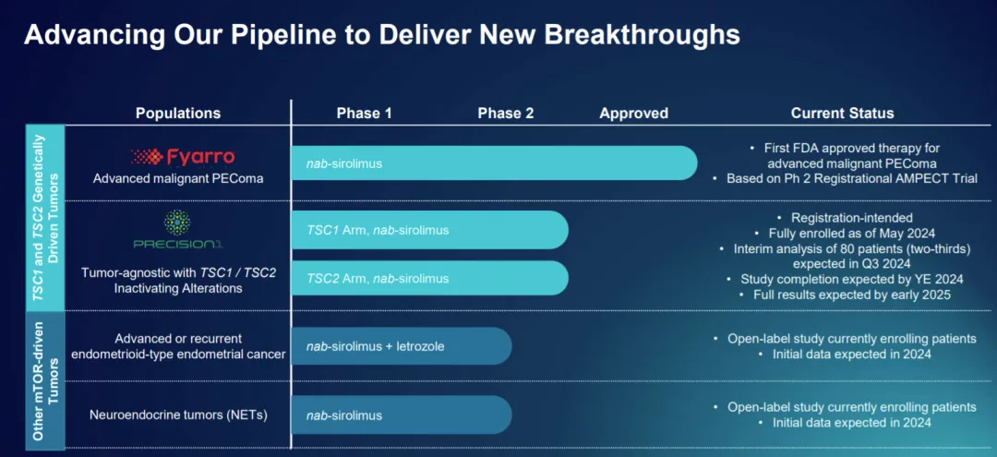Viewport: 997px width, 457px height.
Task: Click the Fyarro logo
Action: point(183,157)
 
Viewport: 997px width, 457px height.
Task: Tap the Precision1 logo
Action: point(178,230)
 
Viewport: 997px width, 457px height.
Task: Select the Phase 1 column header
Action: point(365,114)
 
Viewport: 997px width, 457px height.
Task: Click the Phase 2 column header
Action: point(506,114)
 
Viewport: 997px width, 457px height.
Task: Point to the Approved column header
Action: point(634,114)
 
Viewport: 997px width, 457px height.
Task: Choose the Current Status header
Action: point(843,114)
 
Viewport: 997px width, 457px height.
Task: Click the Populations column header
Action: point(178,114)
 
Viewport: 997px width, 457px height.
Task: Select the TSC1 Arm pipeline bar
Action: point(430,230)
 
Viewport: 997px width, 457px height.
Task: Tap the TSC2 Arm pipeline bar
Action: point(430,278)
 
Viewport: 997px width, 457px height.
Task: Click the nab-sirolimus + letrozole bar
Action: point(402,346)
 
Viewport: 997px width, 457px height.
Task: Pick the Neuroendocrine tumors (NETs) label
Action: point(178,415)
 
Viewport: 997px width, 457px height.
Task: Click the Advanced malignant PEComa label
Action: point(178,178)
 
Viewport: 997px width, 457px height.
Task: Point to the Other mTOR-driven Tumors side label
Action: point(45,380)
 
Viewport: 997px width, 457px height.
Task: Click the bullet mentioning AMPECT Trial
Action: point(845,178)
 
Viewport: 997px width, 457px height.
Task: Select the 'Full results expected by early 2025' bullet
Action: point(845,295)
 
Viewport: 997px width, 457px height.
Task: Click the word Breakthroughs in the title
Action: point(638,34)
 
